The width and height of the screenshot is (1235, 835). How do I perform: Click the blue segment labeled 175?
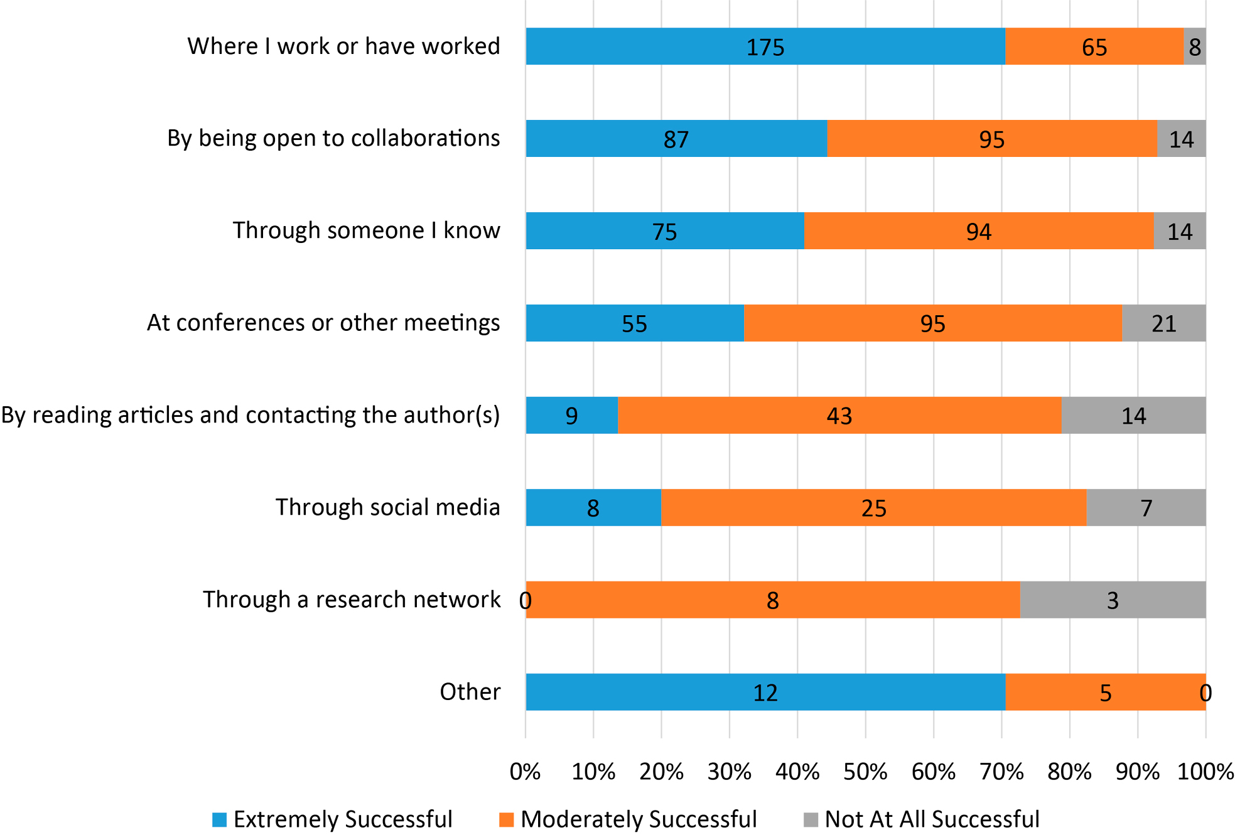[765, 46]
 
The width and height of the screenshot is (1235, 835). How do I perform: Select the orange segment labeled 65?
[1094, 46]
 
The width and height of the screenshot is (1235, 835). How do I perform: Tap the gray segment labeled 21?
[1163, 323]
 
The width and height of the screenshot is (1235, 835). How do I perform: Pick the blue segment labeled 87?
[676, 139]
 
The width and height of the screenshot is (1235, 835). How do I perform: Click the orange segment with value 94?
[978, 231]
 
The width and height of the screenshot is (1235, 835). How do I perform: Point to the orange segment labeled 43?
[839, 416]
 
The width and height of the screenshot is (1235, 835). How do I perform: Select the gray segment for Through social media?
[1146, 507]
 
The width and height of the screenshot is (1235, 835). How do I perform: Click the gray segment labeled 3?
[1112, 600]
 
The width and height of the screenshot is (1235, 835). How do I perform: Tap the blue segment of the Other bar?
[765, 692]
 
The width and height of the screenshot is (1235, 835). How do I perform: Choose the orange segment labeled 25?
[873, 507]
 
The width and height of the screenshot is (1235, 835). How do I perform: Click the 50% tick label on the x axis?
[865, 772]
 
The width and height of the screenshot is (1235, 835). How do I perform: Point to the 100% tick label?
[1205, 772]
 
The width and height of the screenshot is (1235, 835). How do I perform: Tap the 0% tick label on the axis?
[525, 772]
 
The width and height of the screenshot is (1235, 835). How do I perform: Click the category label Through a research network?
[352, 600]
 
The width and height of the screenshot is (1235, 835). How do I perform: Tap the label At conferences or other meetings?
[323, 323]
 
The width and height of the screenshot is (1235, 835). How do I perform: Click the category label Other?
[470, 692]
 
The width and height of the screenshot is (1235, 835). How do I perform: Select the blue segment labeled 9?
[571, 416]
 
